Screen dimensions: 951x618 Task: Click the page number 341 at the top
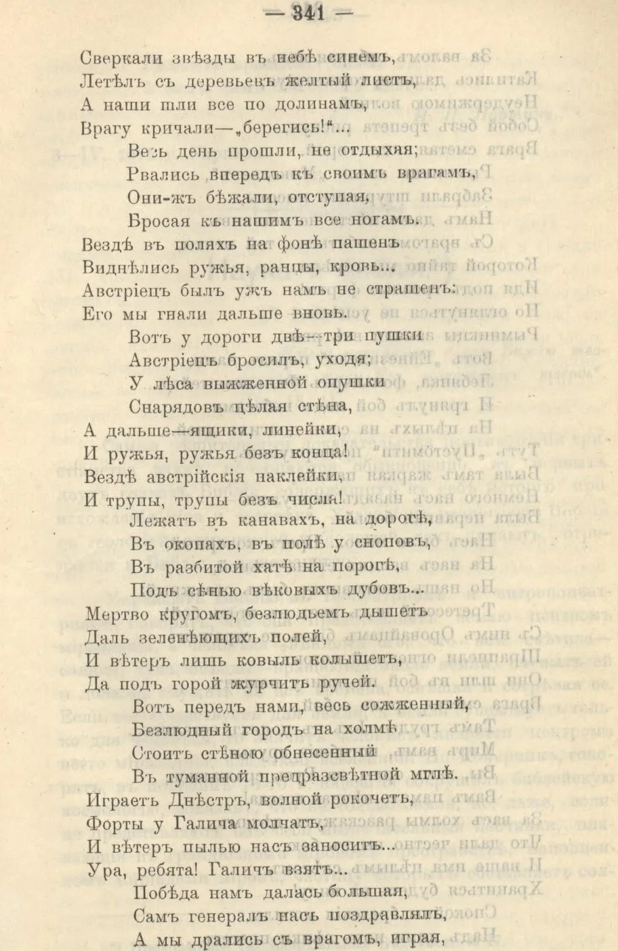point(308,13)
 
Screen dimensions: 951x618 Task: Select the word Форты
point(110,822)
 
